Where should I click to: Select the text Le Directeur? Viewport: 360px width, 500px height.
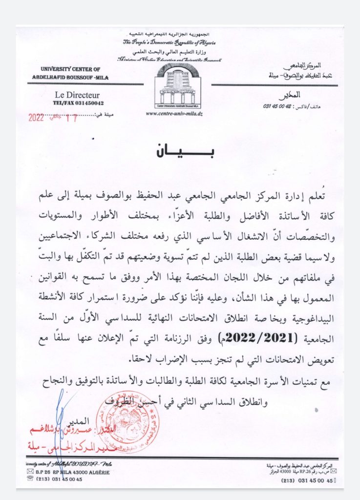(77, 95)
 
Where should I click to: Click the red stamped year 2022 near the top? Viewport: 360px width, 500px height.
(36, 117)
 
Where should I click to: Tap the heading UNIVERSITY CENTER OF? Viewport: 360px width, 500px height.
(70, 69)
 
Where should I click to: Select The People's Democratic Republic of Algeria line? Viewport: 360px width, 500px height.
(169, 43)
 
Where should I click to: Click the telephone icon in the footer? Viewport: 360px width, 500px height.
(30, 479)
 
